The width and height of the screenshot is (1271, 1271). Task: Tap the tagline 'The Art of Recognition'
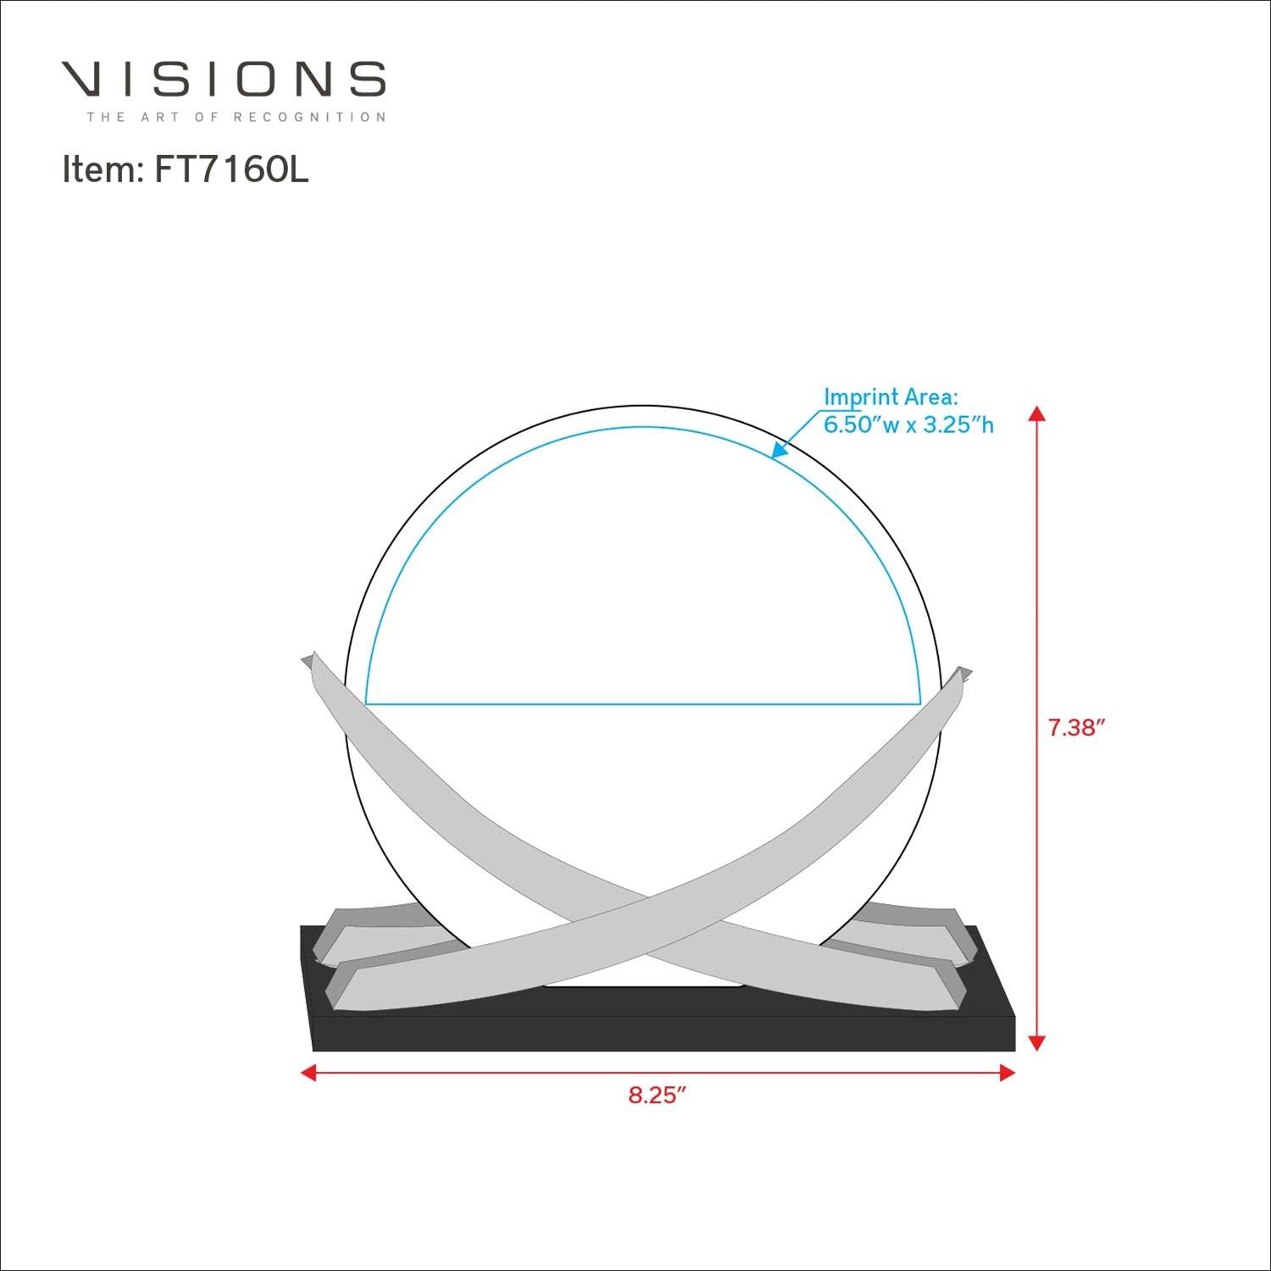coord(236,117)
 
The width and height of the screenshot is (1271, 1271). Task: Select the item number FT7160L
coord(231,170)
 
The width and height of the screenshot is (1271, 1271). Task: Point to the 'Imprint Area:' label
coord(891,397)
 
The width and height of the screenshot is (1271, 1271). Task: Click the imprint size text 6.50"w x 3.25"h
coord(908,425)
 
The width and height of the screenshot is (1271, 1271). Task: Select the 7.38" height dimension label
coord(1077,727)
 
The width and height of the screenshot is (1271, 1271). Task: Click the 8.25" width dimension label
coord(656,1095)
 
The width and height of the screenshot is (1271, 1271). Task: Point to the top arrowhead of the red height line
coord(1036,413)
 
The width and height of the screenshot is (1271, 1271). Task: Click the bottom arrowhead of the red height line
coord(1036,1042)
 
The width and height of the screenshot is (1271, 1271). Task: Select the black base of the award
coord(661,1030)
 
